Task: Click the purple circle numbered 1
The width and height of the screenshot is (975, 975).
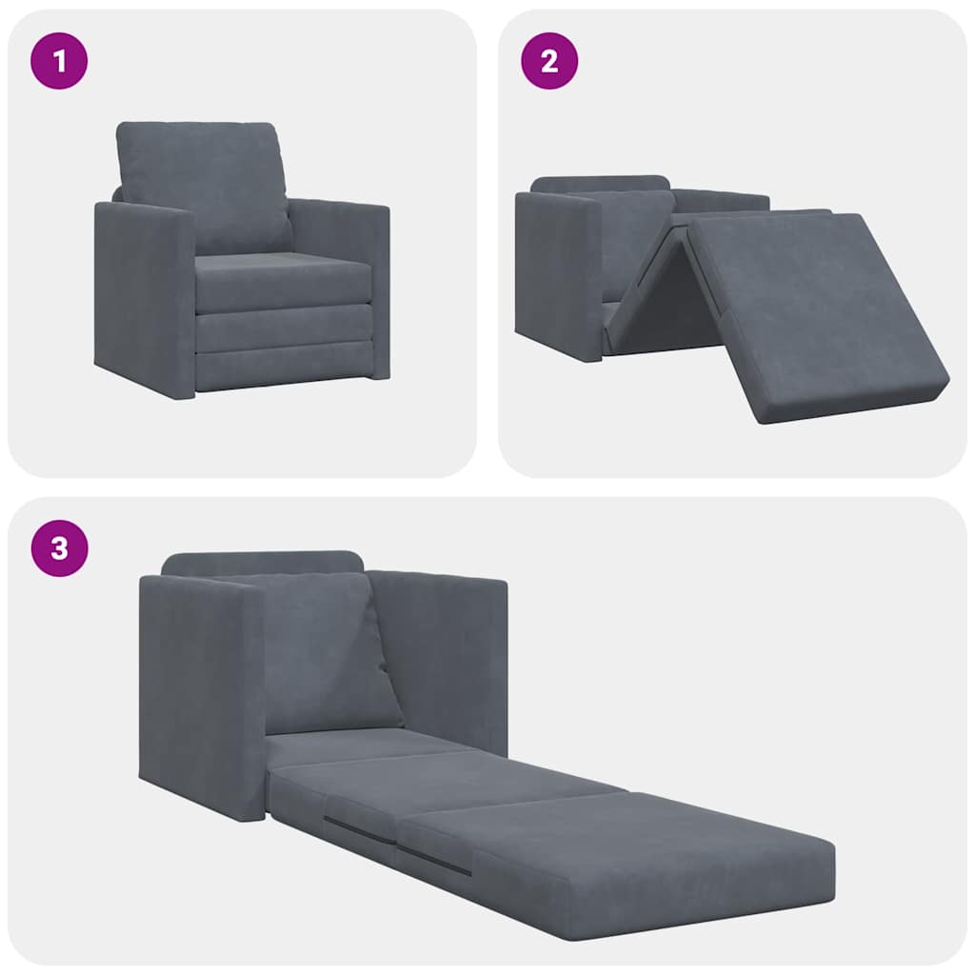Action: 60,61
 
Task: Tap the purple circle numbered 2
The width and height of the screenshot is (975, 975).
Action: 549,61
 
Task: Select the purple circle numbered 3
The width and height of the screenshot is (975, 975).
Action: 60,548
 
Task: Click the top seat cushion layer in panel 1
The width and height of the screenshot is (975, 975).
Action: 283,281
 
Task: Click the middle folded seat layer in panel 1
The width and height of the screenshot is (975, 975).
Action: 283,328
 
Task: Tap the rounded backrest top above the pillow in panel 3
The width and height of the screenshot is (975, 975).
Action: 262,563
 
